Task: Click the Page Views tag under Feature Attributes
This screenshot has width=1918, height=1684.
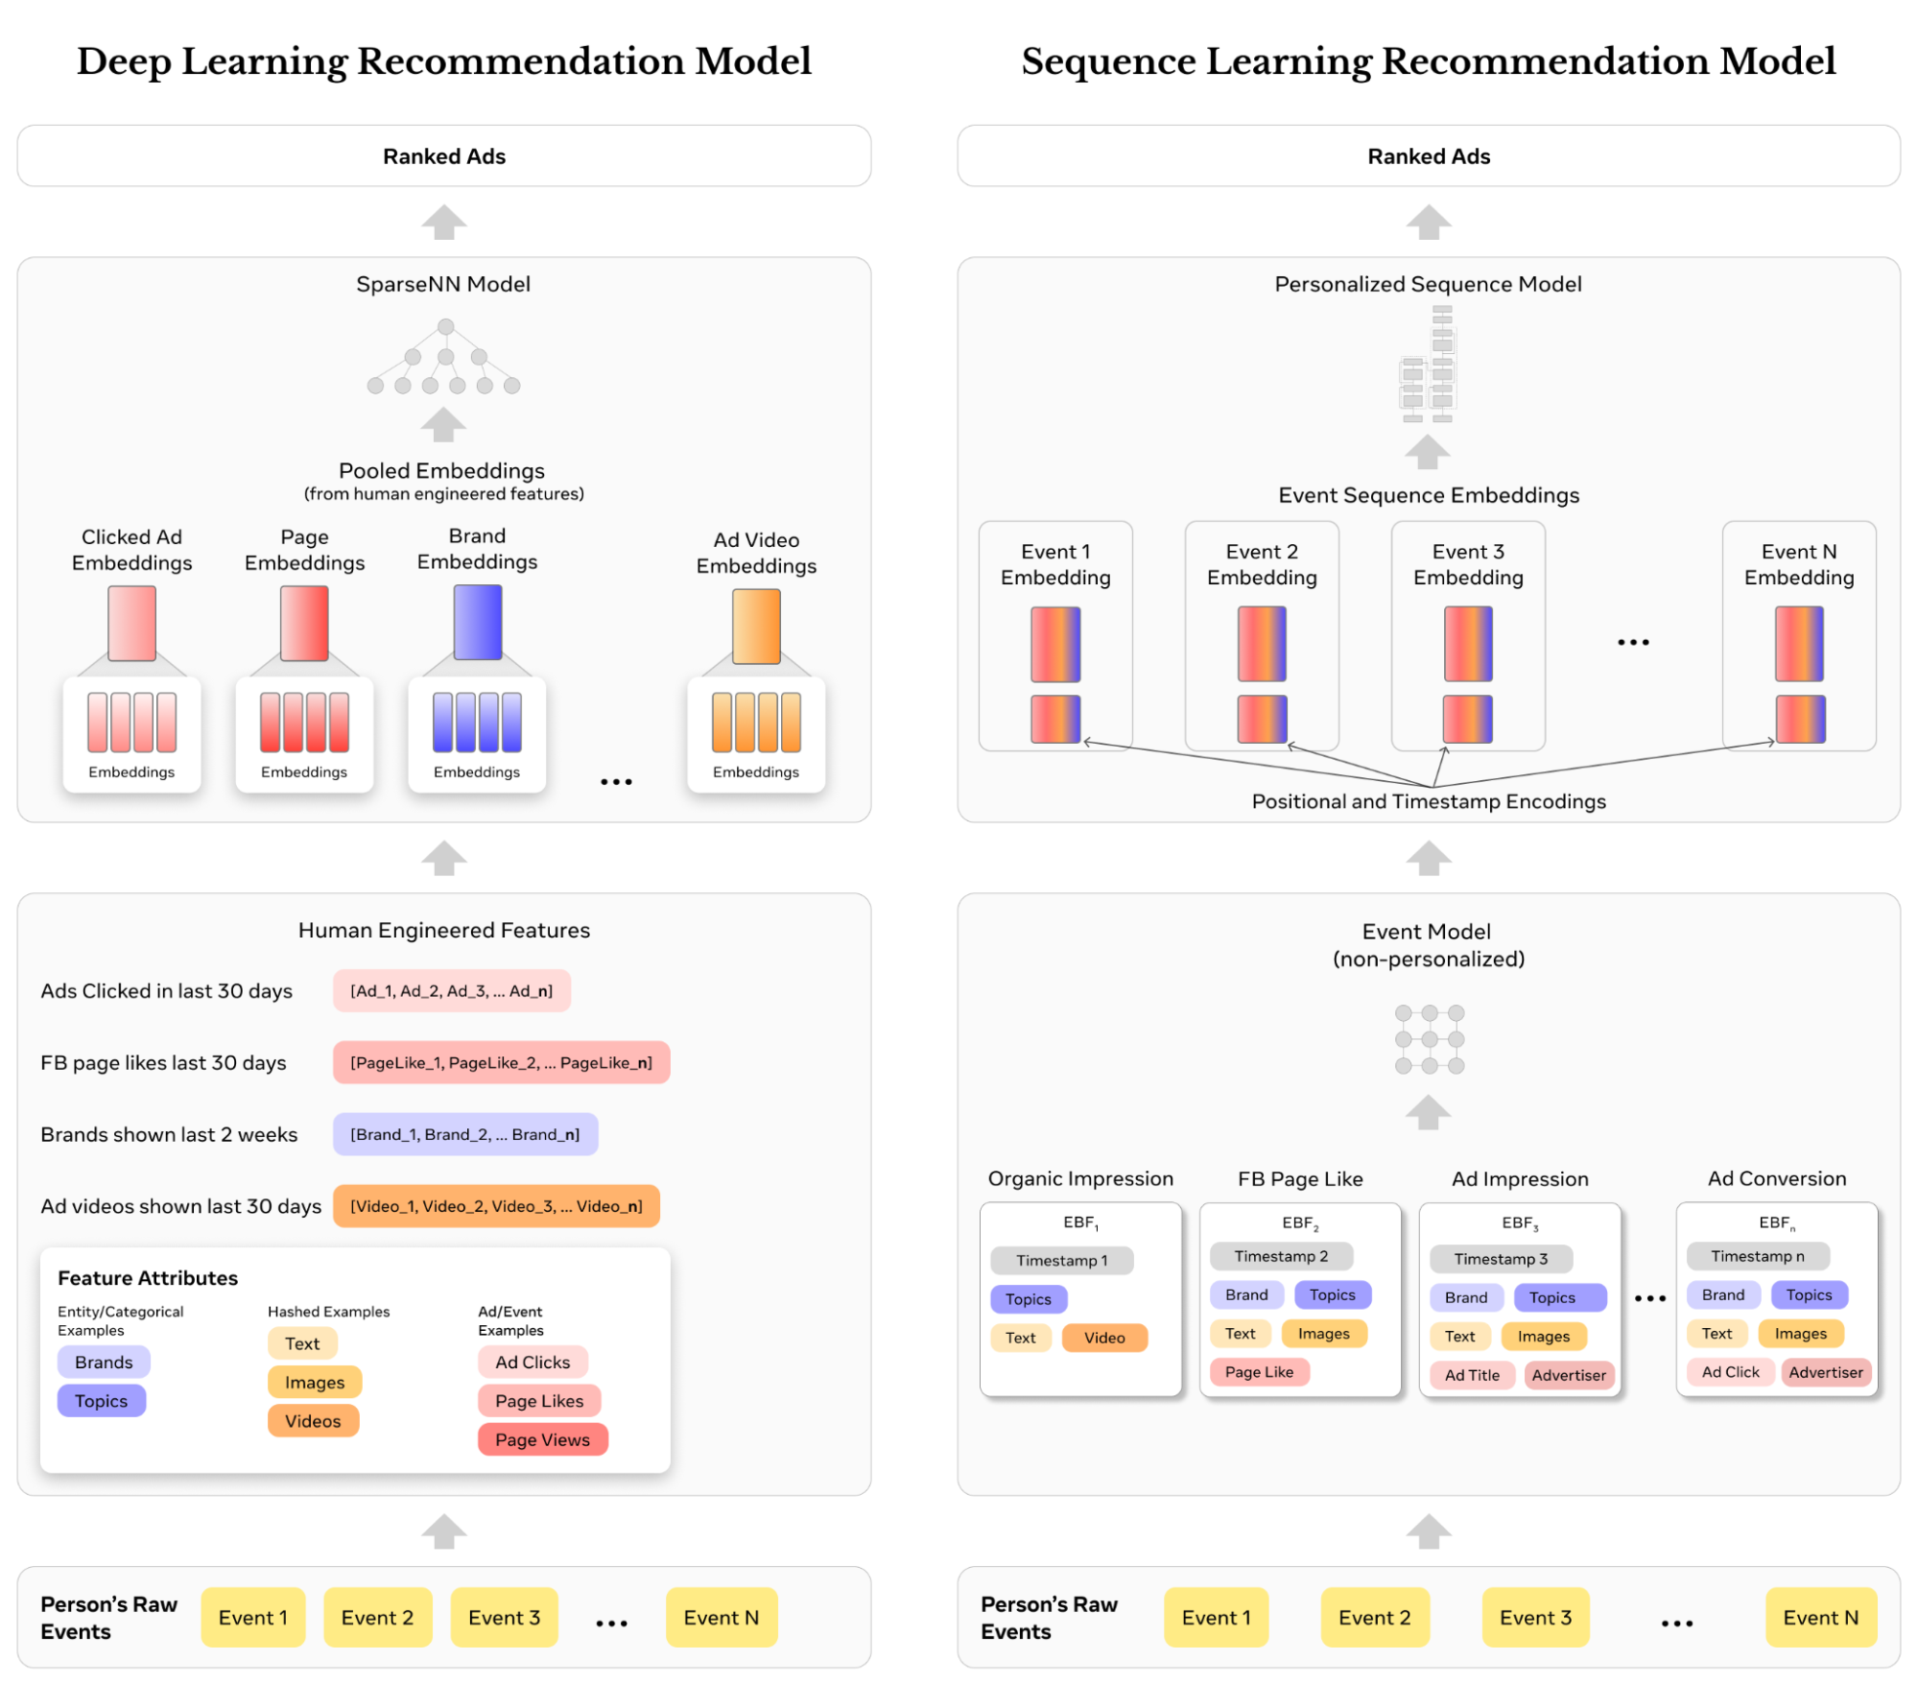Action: [542, 1439]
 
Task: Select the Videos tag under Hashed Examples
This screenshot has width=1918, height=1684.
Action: [313, 1421]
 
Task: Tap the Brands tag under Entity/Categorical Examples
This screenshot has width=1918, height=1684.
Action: [104, 1362]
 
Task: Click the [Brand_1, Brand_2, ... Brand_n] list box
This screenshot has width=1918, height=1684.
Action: [465, 1134]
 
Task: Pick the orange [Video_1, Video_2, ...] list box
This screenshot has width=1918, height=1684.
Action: [496, 1206]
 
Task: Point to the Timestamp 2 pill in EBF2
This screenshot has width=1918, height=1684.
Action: [1281, 1256]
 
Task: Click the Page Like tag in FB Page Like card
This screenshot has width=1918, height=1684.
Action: [1259, 1372]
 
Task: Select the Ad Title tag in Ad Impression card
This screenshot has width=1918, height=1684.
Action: [1472, 1375]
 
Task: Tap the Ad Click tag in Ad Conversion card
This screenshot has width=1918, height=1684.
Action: [1730, 1372]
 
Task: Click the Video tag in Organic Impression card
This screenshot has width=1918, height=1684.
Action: [1104, 1338]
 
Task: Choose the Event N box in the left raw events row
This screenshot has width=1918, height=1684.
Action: [721, 1618]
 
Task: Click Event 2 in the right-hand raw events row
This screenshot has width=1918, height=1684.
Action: [1374, 1618]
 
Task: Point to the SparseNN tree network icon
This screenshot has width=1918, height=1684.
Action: [444, 358]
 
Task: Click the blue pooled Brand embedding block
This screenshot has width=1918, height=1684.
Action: [478, 623]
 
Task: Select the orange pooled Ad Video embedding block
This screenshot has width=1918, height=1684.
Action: [756, 627]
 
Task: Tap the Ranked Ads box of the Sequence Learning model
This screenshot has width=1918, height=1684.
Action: [1428, 156]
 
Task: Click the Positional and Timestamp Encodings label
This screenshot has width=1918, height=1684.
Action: [1428, 801]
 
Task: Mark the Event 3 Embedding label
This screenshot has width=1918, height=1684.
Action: [1468, 564]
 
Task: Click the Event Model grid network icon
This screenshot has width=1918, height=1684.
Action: [1429, 1039]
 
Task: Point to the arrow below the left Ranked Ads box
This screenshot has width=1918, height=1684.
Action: [444, 223]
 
